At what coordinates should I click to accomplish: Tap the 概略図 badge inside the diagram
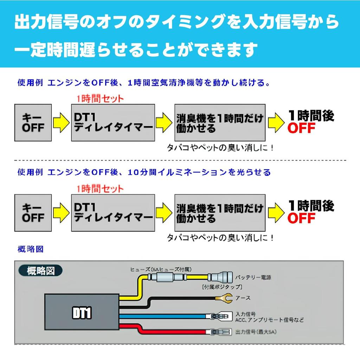coord(41,271)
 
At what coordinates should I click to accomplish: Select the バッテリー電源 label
coord(253,277)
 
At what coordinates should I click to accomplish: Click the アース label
coord(243,298)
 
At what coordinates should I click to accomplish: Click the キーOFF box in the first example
coord(33,123)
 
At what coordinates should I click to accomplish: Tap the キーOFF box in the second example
coord(33,213)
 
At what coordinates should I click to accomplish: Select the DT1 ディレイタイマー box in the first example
coord(113,123)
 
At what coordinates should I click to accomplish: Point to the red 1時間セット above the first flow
coord(100,99)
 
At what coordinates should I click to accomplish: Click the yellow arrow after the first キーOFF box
coord(62,123)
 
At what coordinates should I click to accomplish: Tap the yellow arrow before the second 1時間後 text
coord(276,213)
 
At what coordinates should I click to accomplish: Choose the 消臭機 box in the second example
coord(220,213)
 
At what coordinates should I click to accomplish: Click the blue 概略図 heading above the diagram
coord(31,249)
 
